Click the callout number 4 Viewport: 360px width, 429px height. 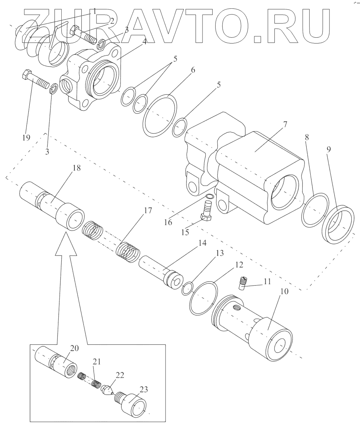point(145,41)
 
